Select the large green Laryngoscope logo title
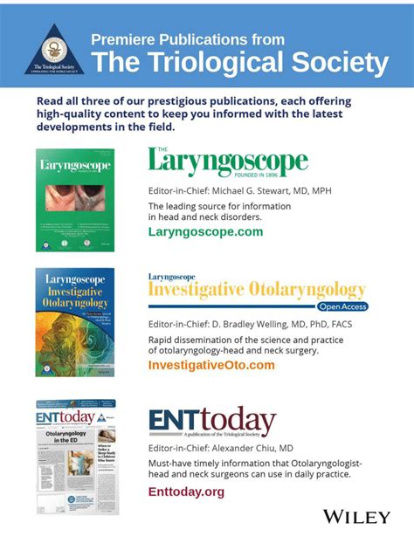(228, 163)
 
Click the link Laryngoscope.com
(205, 232)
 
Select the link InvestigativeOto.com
(211, 365)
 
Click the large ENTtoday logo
(212, 422)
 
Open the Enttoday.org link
(186, 492)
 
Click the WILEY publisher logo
(356, 517)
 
